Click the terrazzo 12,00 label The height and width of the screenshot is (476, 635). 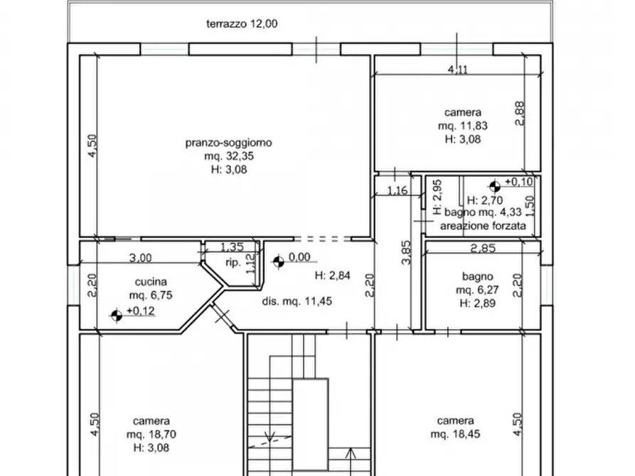pos(242,24)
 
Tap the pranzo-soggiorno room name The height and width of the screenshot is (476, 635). pos(229,143)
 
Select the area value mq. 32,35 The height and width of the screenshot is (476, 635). pos(229,156)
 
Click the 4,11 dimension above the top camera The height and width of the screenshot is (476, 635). pos(458,70)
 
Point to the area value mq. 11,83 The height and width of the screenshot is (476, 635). pos(462,126)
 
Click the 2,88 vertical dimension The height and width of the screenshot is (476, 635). pos(519,114)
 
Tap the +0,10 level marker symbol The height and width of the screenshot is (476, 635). pos(495,187)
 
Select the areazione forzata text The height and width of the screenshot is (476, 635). pos(483,226)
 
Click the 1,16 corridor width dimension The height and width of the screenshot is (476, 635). pos(397,190)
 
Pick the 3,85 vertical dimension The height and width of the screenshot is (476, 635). pos(406,253)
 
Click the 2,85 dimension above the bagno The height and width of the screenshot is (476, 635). pos(483,248)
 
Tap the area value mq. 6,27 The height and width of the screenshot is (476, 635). pos(477,290)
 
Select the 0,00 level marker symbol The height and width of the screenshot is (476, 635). pos(279,262)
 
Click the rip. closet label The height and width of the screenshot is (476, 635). pos(233,263)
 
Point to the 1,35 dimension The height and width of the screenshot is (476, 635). pos(232,247)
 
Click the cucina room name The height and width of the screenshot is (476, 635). pos(151,282)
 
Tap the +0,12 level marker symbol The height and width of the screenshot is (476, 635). pos(117,315)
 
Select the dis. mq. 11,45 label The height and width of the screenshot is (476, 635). pos(297,301)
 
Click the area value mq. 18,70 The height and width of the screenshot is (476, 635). pos(151,435)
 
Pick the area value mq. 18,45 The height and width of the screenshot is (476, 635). pos(455,434)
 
